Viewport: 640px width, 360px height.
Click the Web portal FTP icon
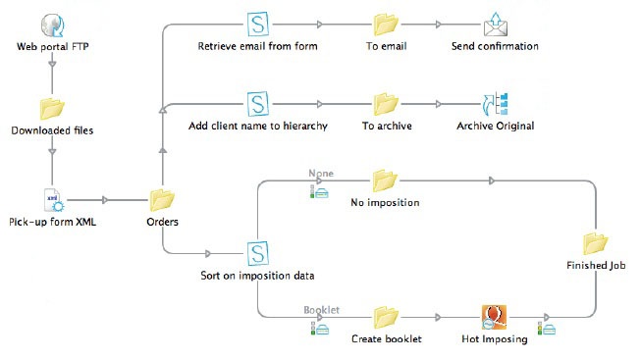tap(51, 25)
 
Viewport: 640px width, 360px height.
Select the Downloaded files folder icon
tap(51, 107)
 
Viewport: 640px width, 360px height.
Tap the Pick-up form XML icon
tap(51, 199)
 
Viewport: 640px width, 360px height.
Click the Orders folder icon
tap(162, 199)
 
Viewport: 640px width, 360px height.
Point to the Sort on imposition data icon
tap(259, 253)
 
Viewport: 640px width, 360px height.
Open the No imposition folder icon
tap(385, 180)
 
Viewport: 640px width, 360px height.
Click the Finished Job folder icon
tap(595, 242)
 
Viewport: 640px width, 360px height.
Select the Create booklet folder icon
tap(385, 317)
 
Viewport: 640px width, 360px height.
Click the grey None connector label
tap(321, 173)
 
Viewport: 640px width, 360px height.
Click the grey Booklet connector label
tap(321, 309)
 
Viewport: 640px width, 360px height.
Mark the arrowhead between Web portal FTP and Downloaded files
tap(51, 67)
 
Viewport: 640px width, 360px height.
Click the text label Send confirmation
tap(495, 46)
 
